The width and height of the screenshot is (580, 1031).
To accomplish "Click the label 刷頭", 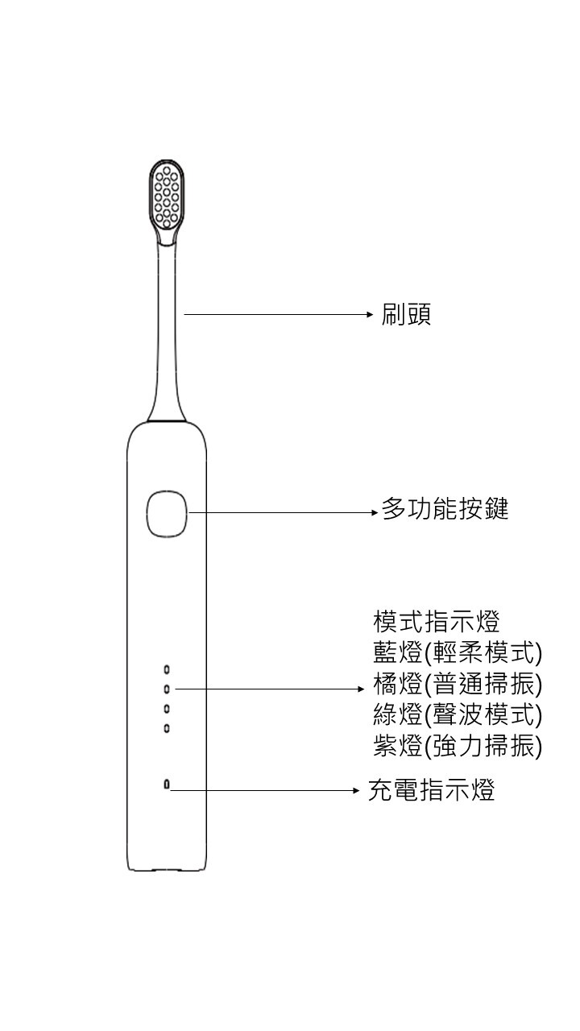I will point(406,314).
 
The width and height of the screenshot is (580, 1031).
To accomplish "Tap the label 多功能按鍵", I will point(445,509).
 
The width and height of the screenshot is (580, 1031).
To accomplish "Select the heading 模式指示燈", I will point(437,622).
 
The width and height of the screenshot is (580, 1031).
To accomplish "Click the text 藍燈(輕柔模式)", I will point(458,652).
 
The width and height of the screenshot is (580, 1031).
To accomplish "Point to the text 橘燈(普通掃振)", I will point(458,685).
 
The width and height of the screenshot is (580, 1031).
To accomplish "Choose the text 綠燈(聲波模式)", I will point(458,715).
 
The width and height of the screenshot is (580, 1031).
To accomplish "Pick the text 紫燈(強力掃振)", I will point(458,747).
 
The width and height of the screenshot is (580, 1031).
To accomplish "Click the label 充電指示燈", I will point(431,790).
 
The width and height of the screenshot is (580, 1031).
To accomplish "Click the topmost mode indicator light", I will point(167,669).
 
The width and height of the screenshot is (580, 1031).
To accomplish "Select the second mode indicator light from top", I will point(167,689).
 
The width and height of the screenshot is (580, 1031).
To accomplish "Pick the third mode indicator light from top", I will point(167,709).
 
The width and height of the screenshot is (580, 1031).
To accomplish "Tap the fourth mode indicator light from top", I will point(167,729).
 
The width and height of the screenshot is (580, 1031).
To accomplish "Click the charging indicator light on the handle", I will point(167,785).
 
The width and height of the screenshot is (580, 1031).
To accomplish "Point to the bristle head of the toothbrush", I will point(167,198).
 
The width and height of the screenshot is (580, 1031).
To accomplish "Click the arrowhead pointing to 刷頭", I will point(370,314).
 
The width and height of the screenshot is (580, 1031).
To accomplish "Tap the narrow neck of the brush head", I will point(168,322).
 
